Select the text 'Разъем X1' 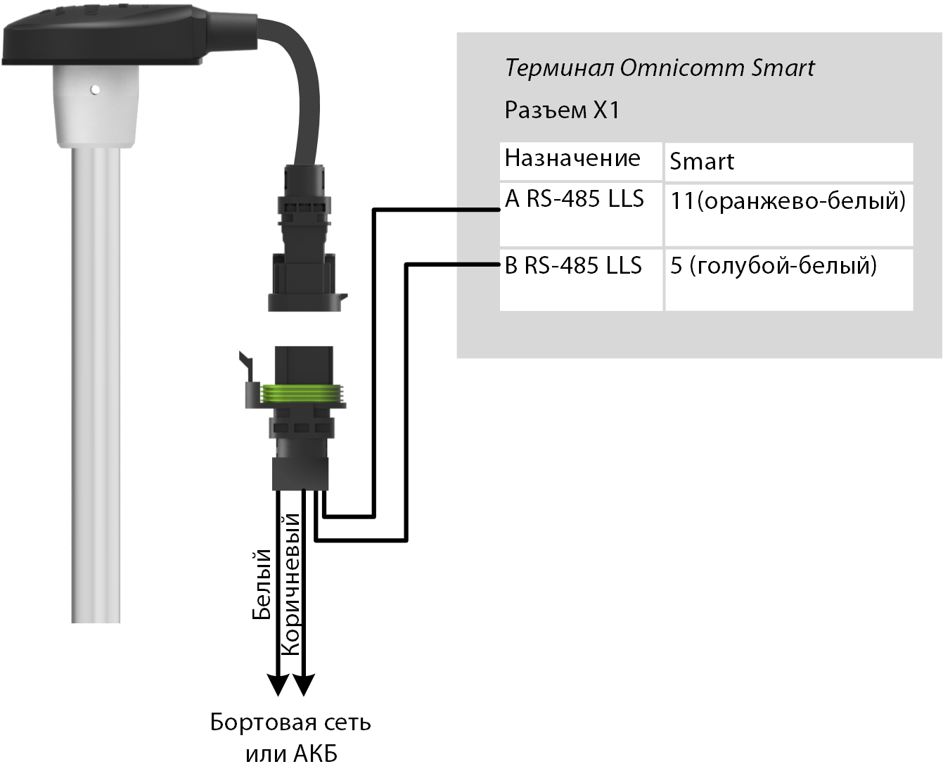[562, 110]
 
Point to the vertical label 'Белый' [262, 584]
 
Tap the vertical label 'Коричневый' [290, 585]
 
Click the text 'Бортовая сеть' [290, 722]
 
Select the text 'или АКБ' [291, 754]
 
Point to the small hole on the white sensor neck [95, 90]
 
